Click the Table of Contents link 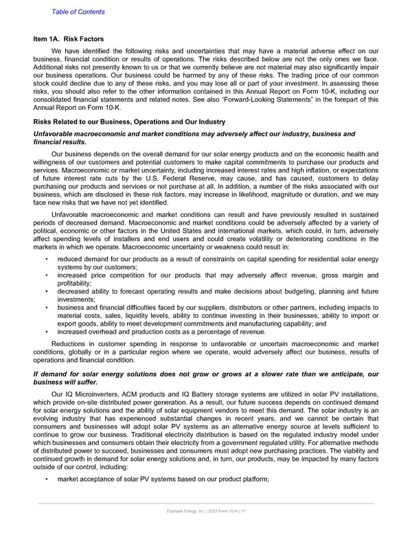click(x=78, y=12)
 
